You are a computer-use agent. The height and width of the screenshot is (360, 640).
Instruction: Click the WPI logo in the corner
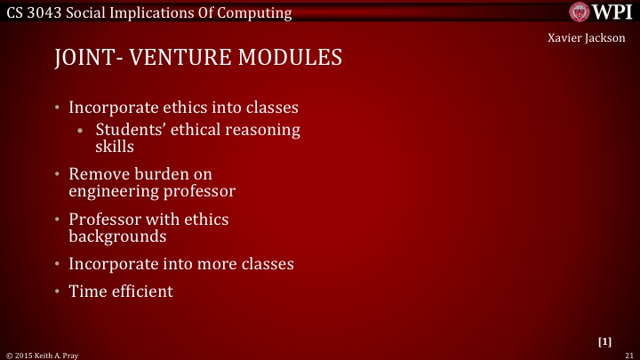[601, 12]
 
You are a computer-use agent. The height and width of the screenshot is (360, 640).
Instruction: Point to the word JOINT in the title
[83, 59]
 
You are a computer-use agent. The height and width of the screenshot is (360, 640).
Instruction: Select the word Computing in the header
[256, 12]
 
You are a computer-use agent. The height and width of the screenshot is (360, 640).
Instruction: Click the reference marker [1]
[605, 341]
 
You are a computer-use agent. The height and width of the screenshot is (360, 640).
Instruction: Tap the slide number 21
[628, 354]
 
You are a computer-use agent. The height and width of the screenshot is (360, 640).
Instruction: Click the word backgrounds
[118, 236]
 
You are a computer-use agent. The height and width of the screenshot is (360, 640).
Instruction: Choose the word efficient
[141, 291]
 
